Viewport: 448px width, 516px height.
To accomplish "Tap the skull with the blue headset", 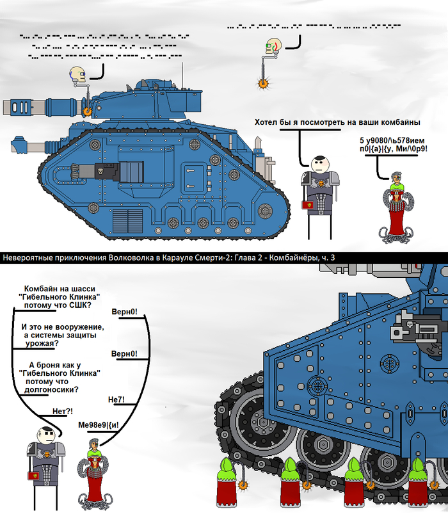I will (78, 75).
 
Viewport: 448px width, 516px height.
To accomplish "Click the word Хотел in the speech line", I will (268, 122).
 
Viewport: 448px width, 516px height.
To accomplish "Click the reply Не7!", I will (116, 399).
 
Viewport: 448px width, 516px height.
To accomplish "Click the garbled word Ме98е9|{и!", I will (99, 424).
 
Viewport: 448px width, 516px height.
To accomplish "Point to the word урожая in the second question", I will (38, 343).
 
